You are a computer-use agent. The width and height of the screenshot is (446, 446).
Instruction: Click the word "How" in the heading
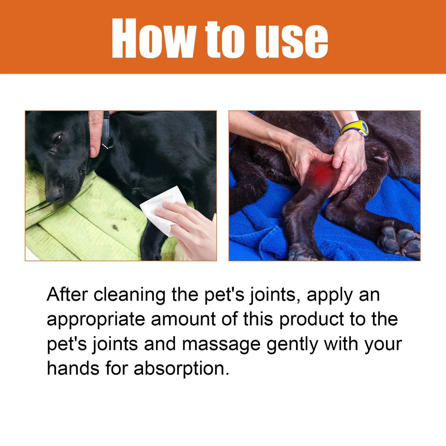[x=153, y=38]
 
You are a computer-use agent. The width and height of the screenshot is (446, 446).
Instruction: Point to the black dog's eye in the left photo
[x=57, y=138]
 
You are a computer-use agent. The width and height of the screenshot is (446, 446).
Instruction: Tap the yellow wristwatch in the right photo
[x=356, y=128]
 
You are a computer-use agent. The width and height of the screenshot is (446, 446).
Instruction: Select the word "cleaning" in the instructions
[x=130, y=295]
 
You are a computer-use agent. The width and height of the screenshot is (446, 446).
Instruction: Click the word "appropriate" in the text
[x=96, y=320]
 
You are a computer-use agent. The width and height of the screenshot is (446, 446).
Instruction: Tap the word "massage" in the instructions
[x=221, y=344]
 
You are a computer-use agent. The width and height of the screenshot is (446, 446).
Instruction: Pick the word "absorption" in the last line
[x=181, y=369]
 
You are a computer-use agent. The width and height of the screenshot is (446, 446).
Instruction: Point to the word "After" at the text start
[x=67, y=294]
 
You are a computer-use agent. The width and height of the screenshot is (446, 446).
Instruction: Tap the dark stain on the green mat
[x=115, y=227]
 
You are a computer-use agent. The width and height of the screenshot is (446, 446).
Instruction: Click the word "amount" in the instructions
[x=183, y=319]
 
